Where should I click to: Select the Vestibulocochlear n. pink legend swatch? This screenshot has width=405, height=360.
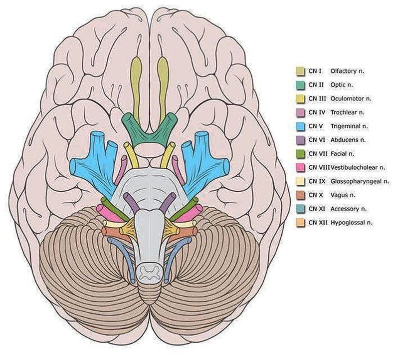coord(300,168)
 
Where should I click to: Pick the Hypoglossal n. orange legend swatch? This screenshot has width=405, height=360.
coord(300,222)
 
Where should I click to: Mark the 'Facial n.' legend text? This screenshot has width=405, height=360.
coord(344,154)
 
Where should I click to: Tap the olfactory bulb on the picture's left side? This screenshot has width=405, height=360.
coord(137,75)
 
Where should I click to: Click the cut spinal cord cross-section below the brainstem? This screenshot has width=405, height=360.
coord(150,271)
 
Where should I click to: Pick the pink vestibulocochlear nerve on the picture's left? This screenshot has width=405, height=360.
coord(109,212)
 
